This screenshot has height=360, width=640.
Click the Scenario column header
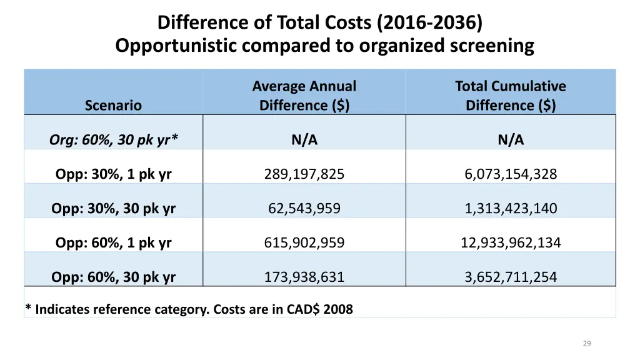[x=113, y=105]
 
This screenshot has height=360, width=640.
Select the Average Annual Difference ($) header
[x=304, y=95]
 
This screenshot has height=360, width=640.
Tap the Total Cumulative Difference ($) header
[x=511, y=95]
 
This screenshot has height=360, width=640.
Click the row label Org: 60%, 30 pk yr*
[x=113, y=141]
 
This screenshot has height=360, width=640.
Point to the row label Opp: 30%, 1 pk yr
[x=113, y=174]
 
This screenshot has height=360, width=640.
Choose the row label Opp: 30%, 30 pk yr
[x=113, y=209]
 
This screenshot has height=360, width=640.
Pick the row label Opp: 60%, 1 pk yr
[x=113, y=242]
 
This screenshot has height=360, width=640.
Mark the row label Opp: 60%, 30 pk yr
[x=113, y=277]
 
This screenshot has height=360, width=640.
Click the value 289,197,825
[x=304, y=174]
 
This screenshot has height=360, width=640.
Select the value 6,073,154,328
[x=511, y=174]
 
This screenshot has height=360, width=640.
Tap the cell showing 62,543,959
[x=304, y=209]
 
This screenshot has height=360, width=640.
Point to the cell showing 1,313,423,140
[x=511, y=209]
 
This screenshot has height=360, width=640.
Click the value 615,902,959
[x=304, y=242]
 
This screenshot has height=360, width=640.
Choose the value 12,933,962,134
[x=511, y=242]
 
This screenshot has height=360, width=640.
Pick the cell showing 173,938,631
[x=304, y=277]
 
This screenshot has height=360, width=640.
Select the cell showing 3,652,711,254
[x=511, y=277]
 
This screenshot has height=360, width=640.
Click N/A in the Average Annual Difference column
[x=304, y=141]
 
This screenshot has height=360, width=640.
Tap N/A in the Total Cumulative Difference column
[x=511, y=141]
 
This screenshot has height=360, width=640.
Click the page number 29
[x=586, y=343]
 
